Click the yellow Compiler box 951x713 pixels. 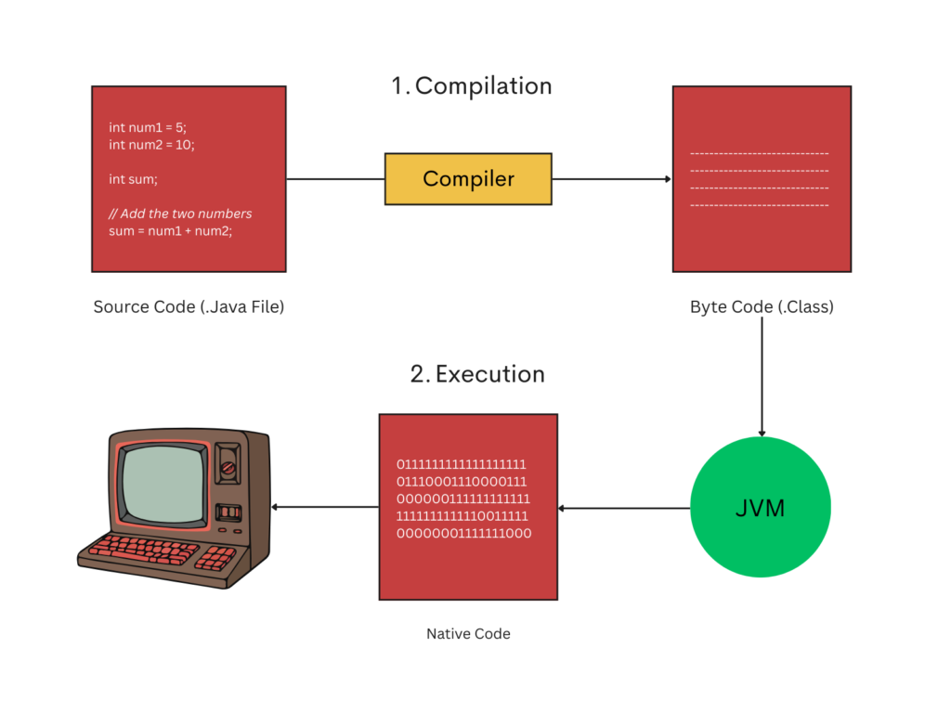tap(468, 178)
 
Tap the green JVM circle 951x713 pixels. tap(761, 508)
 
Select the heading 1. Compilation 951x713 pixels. tap(472, 86)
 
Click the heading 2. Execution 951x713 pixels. tap(477, 374)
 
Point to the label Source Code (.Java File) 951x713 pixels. tap(189, 306)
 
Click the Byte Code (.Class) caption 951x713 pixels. tap(762, 306)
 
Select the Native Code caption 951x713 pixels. tap(468, 634)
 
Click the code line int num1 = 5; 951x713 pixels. tap(148, 127)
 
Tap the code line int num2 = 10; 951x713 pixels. tap(151, 144)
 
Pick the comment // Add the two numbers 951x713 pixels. tap(180, 214)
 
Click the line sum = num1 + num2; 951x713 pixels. tap(170, 230)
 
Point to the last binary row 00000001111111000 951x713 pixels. tap(463, 533)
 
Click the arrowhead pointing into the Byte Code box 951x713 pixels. tap(667, 179)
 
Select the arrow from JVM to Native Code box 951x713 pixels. tap(624, 508)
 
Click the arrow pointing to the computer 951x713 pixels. tap(325, 507)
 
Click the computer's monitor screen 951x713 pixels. tap(163, 482)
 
